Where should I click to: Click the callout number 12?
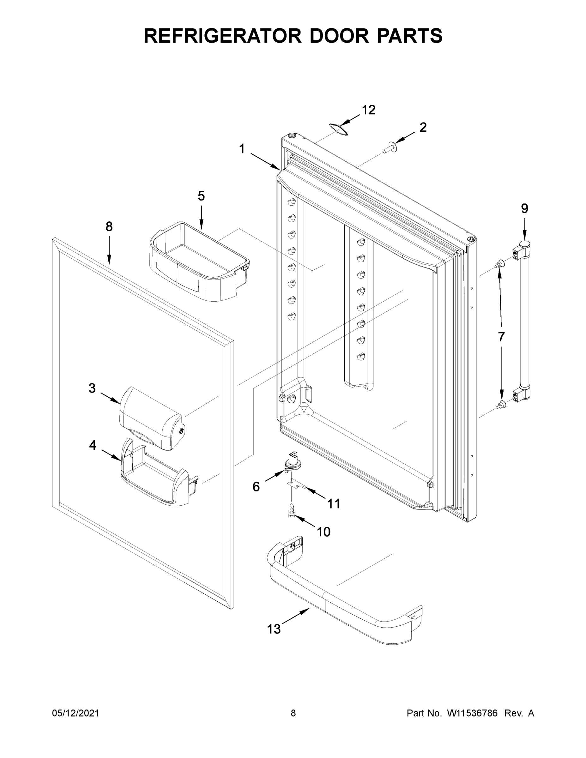[368, 110]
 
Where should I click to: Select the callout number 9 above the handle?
[524, 208]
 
